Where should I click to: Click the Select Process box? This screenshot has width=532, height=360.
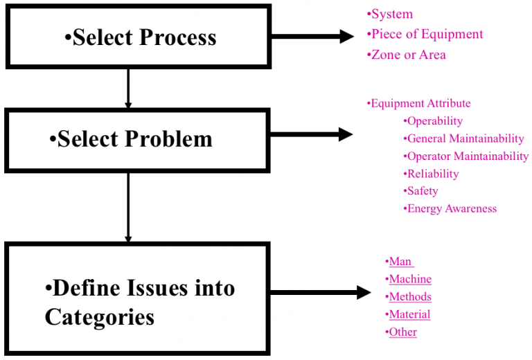click(x=138, y=36)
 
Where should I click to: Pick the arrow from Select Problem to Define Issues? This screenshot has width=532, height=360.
click(x=128, y=207)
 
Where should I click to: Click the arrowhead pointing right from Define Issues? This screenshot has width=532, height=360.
click(x=364, y=293)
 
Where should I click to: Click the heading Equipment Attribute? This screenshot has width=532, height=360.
click(x=419, y=104)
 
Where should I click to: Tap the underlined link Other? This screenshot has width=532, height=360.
click(x=402, y=332)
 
